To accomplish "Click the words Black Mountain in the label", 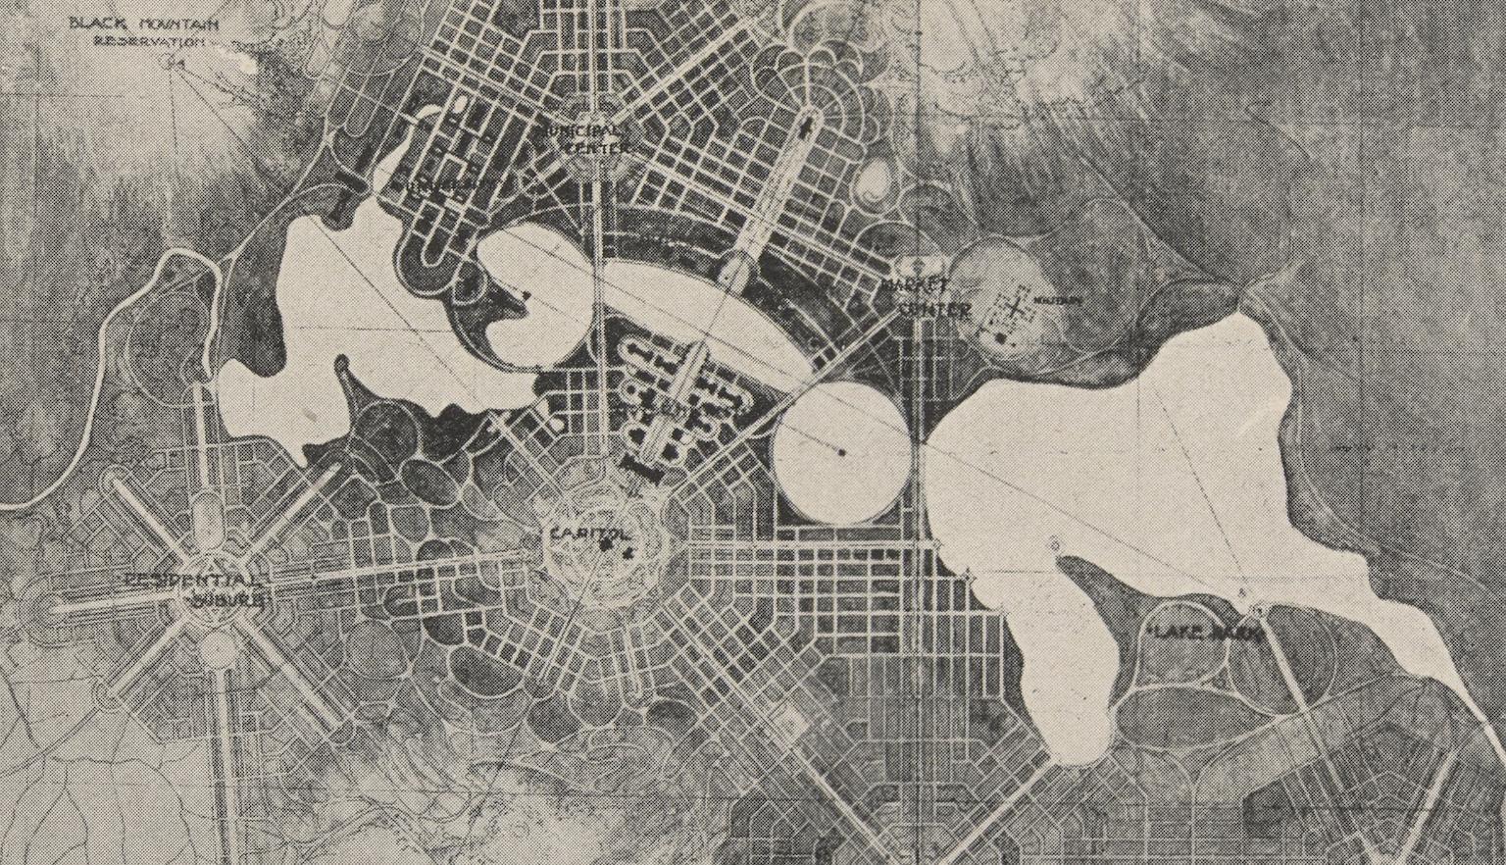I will (144, 24).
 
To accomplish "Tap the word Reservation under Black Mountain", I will (149, 42).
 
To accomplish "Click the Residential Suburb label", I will (193, 588).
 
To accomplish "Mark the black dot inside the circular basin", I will (842, 452).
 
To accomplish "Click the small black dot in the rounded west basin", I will (527, 294).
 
